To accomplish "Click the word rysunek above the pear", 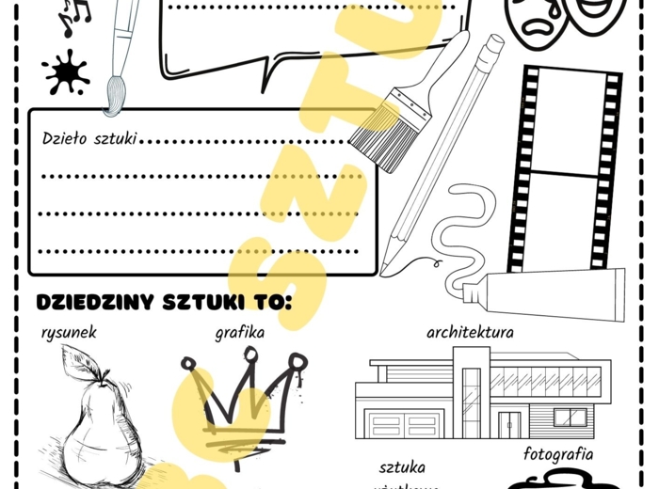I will pyautogui.click(x=69, y=332).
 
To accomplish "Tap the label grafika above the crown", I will pyautogui.click(x=239, y=332).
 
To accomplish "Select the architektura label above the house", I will pyautogui.click(x=469, y=332).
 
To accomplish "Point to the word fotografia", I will pyautogui.click(x=558, y=455).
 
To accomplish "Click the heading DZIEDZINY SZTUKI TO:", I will pyautogui.click(x=164, y=303).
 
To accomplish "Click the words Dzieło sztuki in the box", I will pyautogui.click(x=90, y=139).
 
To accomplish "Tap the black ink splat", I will pyautogui.click(x=65, y=72).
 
